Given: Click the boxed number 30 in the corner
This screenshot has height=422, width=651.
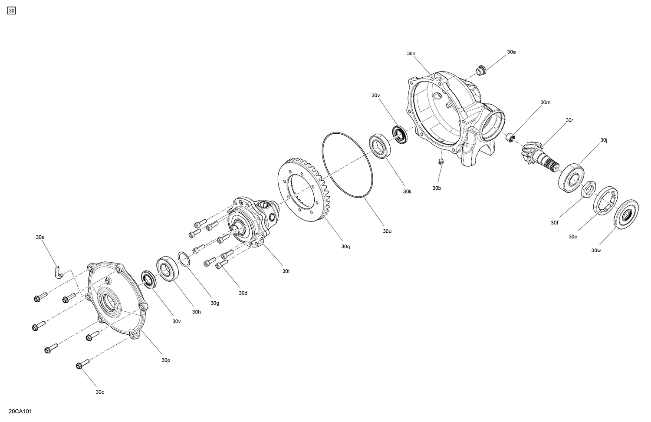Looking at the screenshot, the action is pyautogui.click(x=11, y=11).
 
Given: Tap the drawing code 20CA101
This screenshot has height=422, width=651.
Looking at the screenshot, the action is pyautogui.click(x=20, y=411).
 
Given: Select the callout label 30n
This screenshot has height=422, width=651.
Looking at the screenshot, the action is pyautogui.click(x=411, y=53).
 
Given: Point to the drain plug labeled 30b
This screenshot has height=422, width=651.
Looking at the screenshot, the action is pyautogui.click(x=441, y=161).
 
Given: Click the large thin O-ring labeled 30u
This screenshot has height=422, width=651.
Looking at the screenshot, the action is pyautogui.click(x=347, y=165).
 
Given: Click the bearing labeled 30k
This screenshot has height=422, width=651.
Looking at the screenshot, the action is pyautogui.click(x=381, y=146).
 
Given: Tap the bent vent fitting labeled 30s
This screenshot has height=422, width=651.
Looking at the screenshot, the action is pyautogui.click(x=59, y=272).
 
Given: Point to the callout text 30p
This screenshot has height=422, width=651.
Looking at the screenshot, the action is pyautogui.click(x=166, y=360).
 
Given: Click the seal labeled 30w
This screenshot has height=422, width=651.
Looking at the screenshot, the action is pyautogui.click(x=626, y=214).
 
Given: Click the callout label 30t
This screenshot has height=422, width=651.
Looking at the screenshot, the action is pyautogui.click(x=286, y=271).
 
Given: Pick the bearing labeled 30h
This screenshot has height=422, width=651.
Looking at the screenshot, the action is pyautogui.click(x=168, y=269).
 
